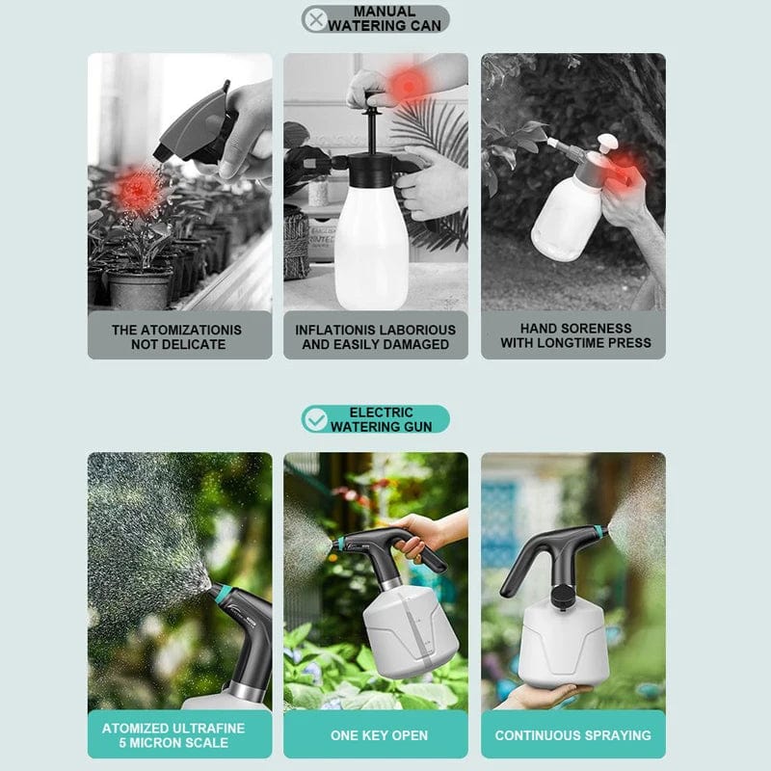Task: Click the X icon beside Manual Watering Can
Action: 315,19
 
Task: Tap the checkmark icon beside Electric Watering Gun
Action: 314,418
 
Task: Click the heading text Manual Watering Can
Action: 385,19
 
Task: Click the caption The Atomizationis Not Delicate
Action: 176,336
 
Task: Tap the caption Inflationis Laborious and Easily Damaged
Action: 375,336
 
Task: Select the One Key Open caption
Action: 379,735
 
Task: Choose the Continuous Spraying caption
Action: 572,735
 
